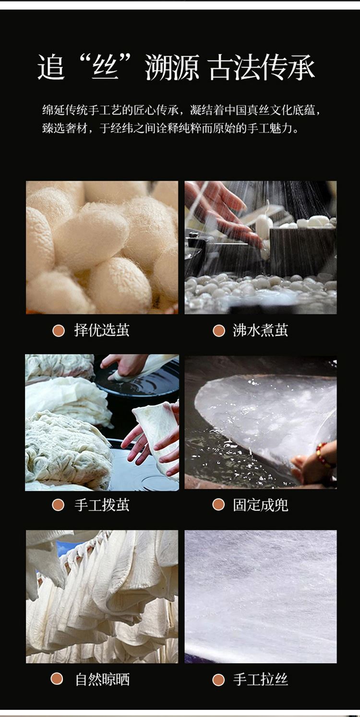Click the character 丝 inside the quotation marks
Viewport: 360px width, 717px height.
click(x=106, y=67)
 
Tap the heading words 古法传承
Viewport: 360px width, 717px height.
click(x=262, y=67)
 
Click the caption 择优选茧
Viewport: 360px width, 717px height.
click(x=102, y=330)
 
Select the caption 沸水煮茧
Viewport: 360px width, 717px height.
click(x=261, y=330)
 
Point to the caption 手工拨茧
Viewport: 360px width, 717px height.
click(x=102, y=505)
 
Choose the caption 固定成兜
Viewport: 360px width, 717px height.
click(x=261, y=505)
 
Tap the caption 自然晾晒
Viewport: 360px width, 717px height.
click(x=102, y=680)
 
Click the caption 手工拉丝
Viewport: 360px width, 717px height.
click(x=261, y=680)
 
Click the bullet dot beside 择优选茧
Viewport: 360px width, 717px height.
click(x=59, y=331)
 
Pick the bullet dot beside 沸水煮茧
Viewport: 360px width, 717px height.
click(x=219, y=331)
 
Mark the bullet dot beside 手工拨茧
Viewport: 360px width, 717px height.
click(x=58, y=505)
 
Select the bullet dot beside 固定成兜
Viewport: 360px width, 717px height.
click(x=218, y=505)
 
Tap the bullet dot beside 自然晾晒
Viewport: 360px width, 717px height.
click(x=57, y=679)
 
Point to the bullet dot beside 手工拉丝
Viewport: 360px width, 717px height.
click(x=218, y=680)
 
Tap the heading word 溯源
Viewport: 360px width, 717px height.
click(x=172, y=67)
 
